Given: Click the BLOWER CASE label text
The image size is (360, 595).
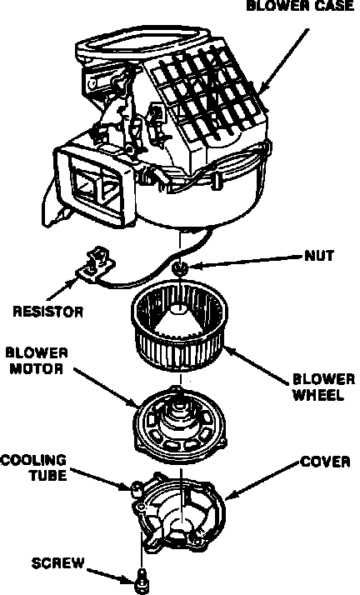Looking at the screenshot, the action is pos(300,6).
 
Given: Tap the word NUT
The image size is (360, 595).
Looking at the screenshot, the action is pos(319,256).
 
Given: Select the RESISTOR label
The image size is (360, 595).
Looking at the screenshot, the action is pos(48,312).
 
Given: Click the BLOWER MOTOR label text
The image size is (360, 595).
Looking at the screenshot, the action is pos(37,361).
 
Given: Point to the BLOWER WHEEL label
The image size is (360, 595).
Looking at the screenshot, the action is pos(323,387).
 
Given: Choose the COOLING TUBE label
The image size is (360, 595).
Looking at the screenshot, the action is pos(33,467).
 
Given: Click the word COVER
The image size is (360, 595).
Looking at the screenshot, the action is pos(325,462).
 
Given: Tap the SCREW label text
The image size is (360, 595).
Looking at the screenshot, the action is pos(57,563).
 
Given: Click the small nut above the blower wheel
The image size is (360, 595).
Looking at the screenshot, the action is pos(180,268).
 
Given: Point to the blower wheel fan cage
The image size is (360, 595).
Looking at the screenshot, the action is pos(179,329).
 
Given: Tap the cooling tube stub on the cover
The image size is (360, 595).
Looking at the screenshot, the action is pos(136,487).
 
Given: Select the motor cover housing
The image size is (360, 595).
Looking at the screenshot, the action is pos(178,509).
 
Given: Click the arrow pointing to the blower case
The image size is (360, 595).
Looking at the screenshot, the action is pos(284,61).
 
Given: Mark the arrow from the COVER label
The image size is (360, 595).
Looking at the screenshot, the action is pos(262,480).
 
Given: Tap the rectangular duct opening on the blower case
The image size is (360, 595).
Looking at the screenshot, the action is pos(95,187).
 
